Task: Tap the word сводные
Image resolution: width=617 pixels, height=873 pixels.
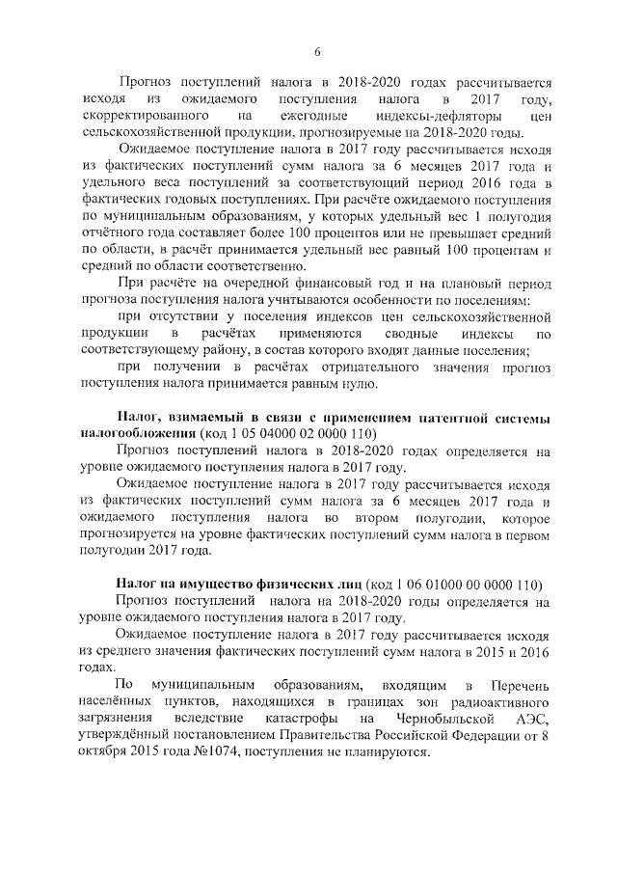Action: tap(391, 334)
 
